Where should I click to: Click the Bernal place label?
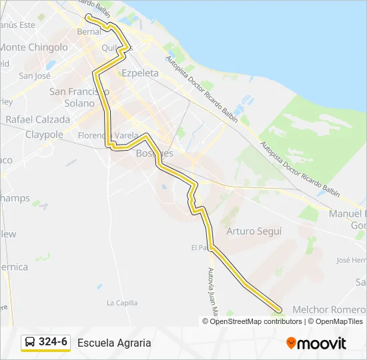[89, 31]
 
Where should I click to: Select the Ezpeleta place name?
[140, 73]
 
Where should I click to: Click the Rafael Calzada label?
[38, 119]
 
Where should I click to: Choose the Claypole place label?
[44, 134]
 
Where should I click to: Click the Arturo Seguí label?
[254, 231]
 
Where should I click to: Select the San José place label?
[35, 76]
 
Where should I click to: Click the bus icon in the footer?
[30, 343]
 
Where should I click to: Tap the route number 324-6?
[53, 343]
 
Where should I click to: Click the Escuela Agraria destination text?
[114, 343]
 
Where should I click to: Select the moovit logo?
[316, 343]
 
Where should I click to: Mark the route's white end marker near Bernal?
[88, 16]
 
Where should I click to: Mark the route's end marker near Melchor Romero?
[278, 309]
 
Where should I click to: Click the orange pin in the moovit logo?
[292, 343]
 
